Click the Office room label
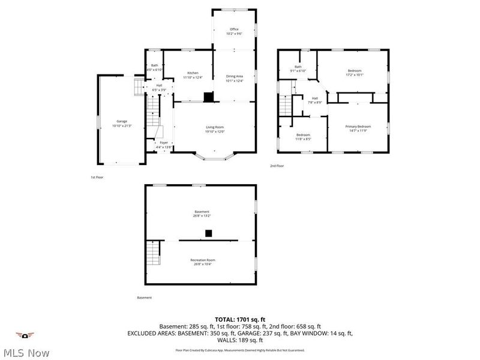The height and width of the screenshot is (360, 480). click(234, 29)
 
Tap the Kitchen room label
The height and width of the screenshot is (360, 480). click(193, 73)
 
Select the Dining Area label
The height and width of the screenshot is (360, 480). click(234, 76)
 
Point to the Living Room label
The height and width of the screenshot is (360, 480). click(215, 127)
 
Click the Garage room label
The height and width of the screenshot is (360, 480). click(122, 121)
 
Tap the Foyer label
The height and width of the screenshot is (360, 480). click(164, 143)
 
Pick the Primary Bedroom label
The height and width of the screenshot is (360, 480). click(358, 126)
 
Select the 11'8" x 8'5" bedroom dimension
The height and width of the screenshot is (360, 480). click(303, 139)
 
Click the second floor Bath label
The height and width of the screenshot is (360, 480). click(298, 67)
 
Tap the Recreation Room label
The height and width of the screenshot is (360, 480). click(202, 260)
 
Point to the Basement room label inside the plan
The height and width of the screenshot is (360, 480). click(202, 211)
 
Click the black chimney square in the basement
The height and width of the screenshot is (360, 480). click(208, 233)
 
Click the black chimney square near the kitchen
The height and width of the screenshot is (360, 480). click(208, 96)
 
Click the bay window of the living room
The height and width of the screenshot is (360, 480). click(214, 157)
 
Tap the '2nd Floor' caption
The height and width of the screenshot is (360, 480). click(277, 166)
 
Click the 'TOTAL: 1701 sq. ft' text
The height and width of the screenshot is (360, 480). click(239, 319)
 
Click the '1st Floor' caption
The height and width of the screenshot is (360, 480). click(97, 177)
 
